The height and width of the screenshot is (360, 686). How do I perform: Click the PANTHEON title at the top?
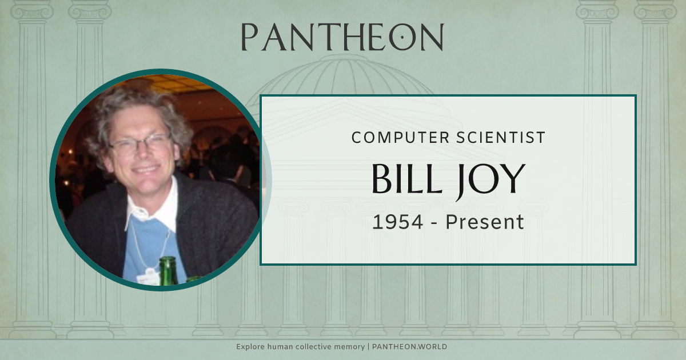[342, 37]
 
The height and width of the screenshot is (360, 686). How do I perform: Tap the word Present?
[485, 222]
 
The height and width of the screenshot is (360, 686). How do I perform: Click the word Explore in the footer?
[249, 347]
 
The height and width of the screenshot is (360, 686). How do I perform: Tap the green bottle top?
[167, 264]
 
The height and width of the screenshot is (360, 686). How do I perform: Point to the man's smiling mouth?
[145, 170]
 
